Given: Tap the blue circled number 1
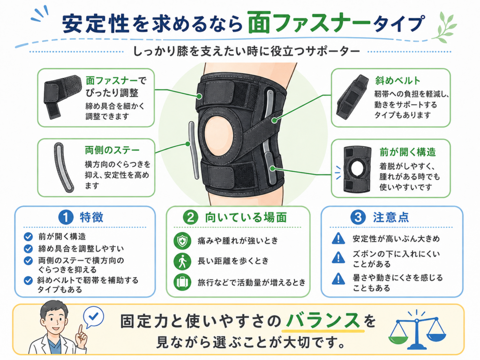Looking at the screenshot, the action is (66, 217).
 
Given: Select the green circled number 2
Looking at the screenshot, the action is (190, 217).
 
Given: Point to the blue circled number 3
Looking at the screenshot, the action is (358, 217).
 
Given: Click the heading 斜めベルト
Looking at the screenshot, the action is (397, 81).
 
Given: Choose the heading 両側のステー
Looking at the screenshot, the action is (112, 150).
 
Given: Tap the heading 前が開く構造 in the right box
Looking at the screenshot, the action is (407, 152).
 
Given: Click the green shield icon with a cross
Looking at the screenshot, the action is (182, 241).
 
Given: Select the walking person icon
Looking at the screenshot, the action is (182, 261).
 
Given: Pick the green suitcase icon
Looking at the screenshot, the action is (182, 282).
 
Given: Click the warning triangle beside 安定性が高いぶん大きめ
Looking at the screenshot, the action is (338, 238).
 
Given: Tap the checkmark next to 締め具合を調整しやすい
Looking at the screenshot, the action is (28, 248).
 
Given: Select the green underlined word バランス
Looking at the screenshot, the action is (323, 321).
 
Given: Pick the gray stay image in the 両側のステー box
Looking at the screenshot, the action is (64, 167).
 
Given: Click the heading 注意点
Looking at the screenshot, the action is (391, 217).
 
